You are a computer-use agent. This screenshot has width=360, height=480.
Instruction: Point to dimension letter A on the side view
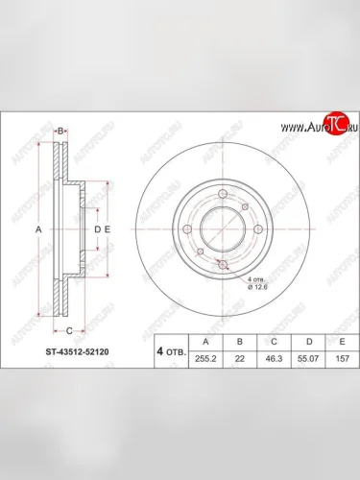pyautogui.click(x=38, y=230)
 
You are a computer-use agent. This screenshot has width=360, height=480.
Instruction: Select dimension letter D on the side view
pyautogui.click(x=97, y=230)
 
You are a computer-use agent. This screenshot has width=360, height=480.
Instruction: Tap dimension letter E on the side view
pyautogui.click(x=108, y=230)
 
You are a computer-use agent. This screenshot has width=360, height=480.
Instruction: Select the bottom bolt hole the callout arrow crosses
pyautogui.click(x=223, y=264)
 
